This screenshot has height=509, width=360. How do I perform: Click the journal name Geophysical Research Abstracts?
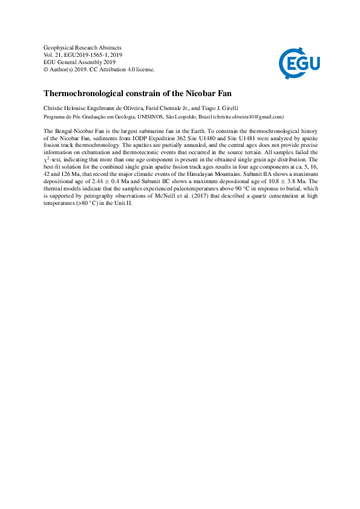tap(83, 48)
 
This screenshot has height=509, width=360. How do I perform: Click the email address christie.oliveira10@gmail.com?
tap(245, 117)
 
